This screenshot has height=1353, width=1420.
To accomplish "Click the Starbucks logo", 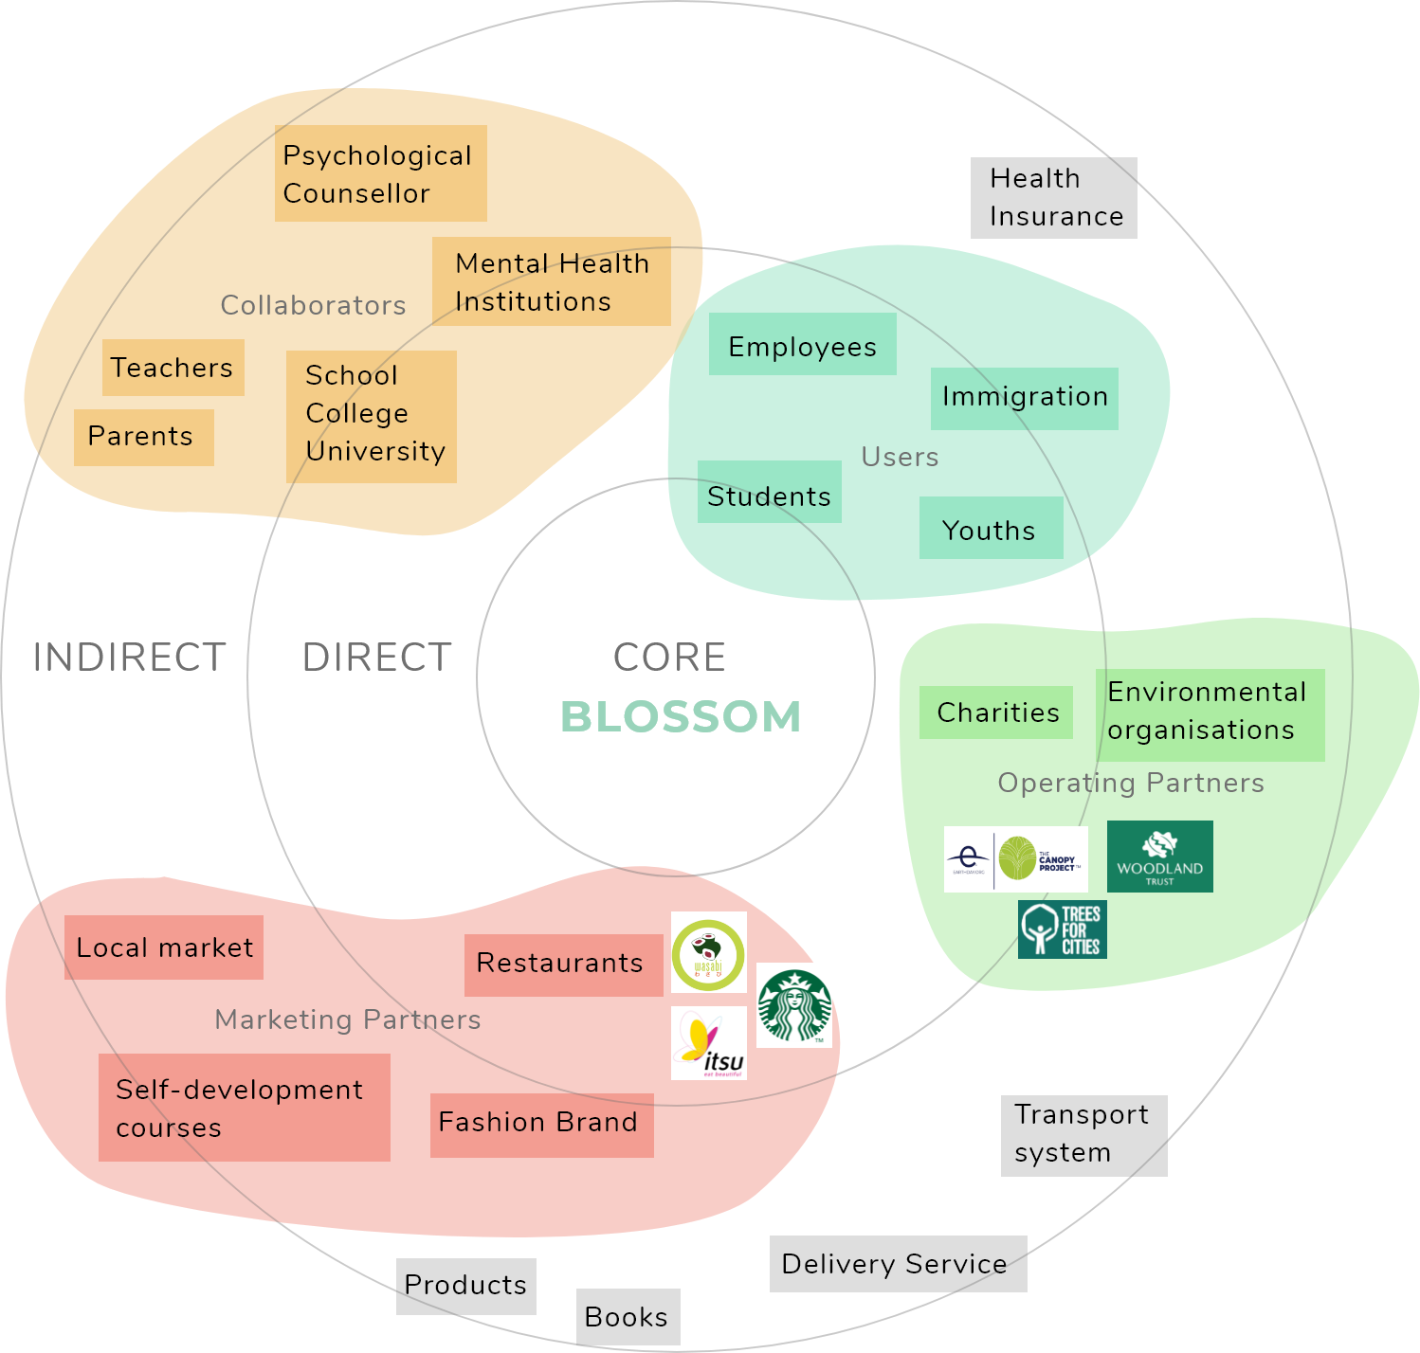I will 794,1005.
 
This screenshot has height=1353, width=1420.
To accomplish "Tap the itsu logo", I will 709,1043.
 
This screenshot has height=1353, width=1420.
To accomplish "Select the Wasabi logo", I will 709,952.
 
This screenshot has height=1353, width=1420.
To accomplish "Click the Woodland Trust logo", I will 1159,857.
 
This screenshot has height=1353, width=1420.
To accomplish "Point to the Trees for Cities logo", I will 1062,929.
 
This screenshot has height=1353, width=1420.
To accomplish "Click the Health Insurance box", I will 1053,198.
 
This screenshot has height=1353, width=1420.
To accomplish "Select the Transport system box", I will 1083,1135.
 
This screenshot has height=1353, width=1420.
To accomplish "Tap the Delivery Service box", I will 897,1264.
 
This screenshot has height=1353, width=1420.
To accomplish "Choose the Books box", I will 628,1317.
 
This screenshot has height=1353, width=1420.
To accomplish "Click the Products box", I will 465,1286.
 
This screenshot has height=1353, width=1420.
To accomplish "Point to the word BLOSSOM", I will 681,717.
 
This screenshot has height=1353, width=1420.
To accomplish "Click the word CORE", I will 669,658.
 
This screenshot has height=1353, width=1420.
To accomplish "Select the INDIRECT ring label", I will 129,658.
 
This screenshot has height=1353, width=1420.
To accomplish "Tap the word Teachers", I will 172,368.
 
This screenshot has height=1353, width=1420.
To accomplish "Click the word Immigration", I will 1025,396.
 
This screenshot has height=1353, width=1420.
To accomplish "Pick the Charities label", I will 998,713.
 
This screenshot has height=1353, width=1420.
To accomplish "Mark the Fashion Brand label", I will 537,1122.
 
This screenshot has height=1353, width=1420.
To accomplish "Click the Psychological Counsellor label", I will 376,174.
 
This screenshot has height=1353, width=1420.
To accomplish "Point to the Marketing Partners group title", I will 348,1019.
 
